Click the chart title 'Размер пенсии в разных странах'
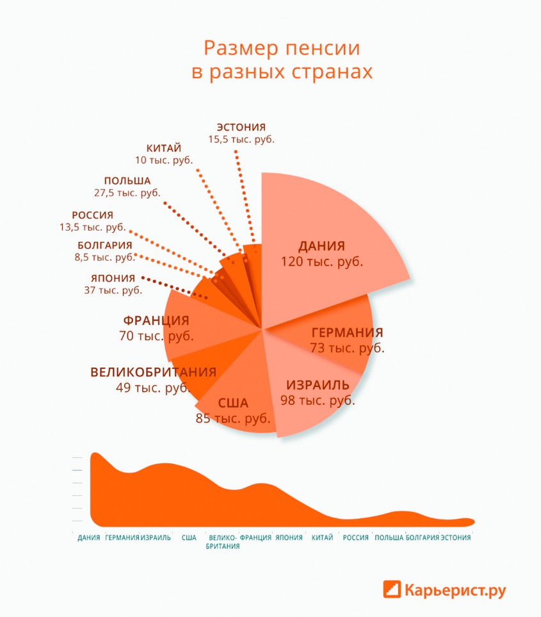(282, 60)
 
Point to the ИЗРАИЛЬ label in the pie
(318, 385)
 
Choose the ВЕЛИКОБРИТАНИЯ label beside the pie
(153, 372)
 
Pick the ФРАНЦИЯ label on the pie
(156, 320)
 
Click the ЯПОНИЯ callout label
(113, 278)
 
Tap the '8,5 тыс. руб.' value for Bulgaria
(104, 257)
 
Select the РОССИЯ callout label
(92, 215)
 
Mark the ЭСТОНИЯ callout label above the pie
(241, 127)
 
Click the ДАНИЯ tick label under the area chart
(88, 538)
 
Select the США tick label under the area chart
(189, 538)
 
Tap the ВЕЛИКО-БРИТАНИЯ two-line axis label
(223, 542)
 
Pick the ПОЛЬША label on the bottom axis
(389, 538)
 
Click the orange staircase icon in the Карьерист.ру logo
(392, 588)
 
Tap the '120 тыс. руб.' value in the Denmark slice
(321, 261)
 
